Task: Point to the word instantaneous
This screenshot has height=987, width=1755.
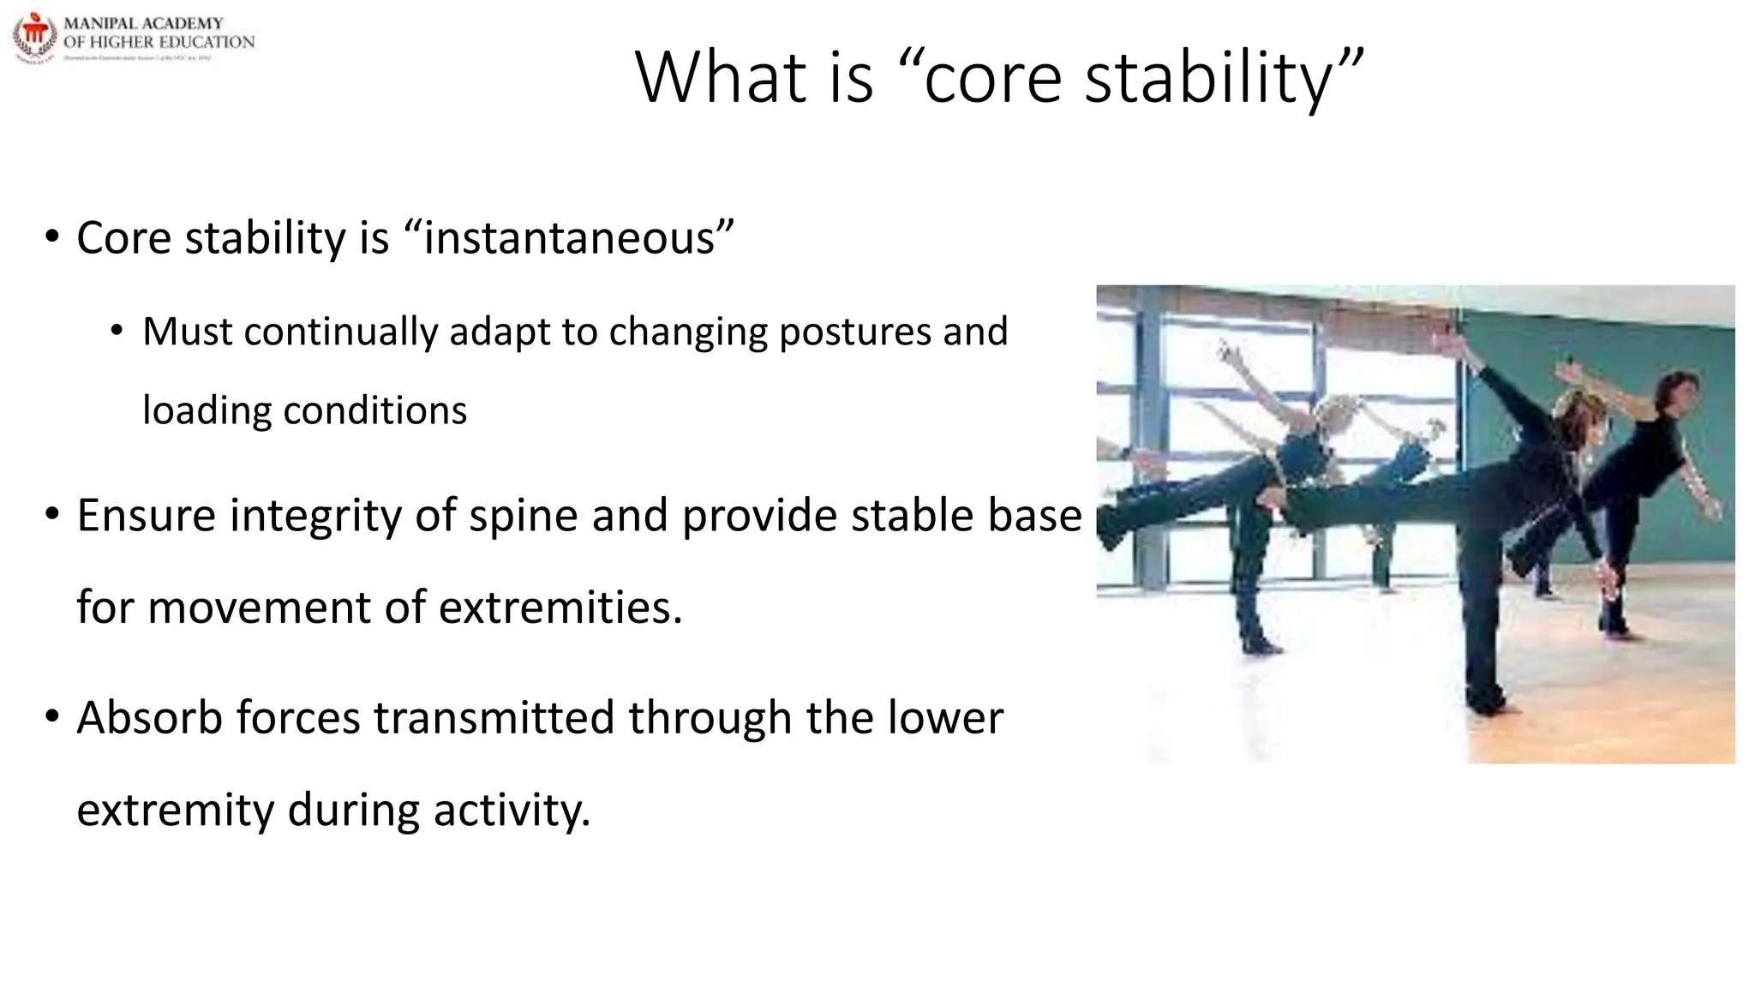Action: (569, 238)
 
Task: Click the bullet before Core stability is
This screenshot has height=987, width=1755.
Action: (52, 237)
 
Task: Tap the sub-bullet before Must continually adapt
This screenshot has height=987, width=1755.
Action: (117, 331)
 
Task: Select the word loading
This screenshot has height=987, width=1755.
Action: (207, 411)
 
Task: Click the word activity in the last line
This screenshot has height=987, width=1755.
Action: (512, 811)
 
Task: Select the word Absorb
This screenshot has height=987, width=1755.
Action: (149, 718)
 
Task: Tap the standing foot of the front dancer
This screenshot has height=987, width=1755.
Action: (1489, 704)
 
